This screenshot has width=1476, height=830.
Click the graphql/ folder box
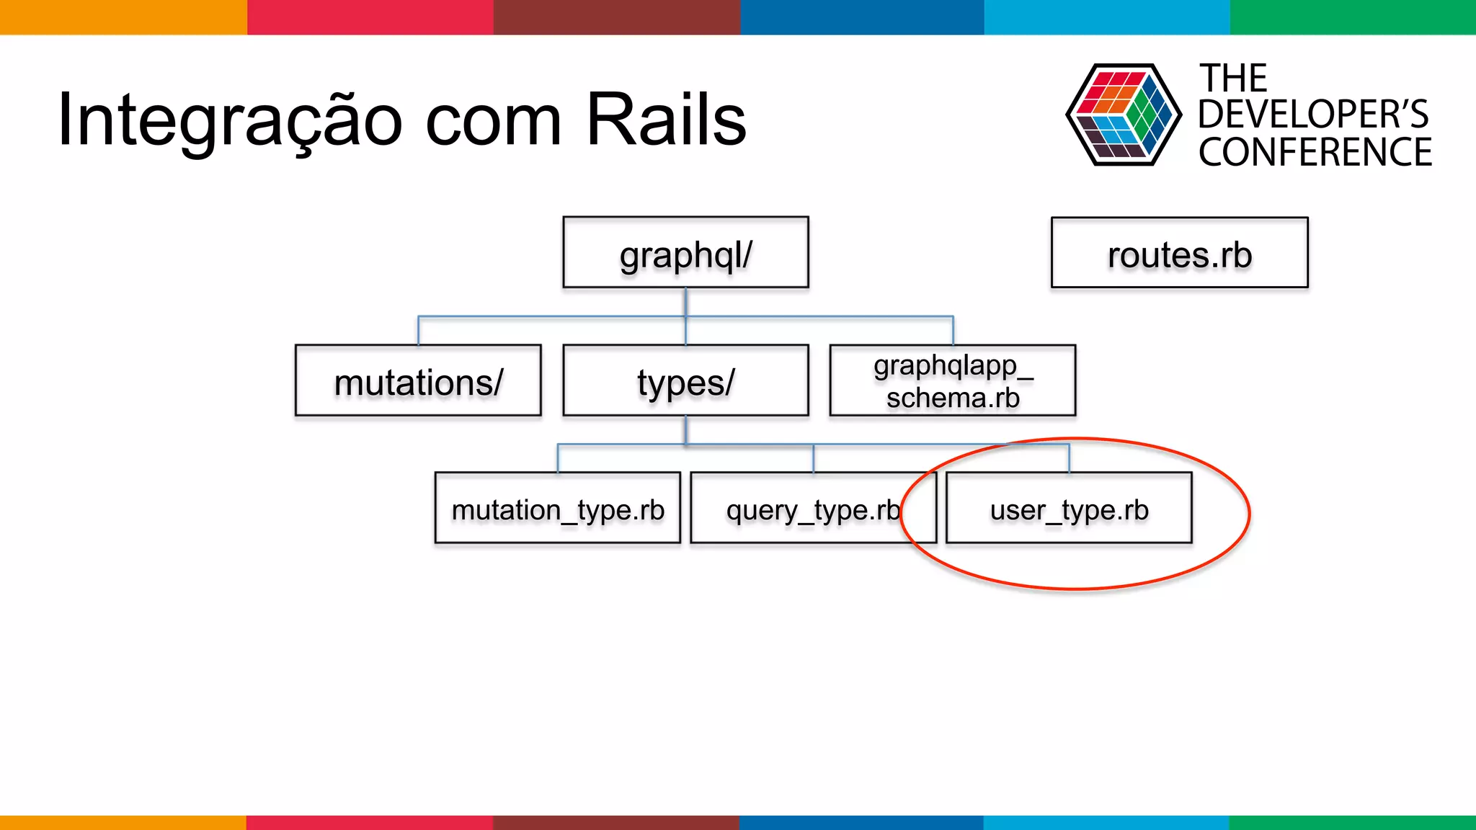pyautogui.click(x=685, y=253)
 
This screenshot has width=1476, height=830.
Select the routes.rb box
pyautogui.click(x=1179, y=253)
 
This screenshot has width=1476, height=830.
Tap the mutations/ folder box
pyautogui.click(x=418, y=380)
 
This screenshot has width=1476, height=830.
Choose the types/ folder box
pyautogui.click(x=685, y=380)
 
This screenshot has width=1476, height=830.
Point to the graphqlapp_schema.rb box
pyautogui.click(x=952, y=380)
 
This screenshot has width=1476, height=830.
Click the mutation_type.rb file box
pyautogui.click(x=557, y=508)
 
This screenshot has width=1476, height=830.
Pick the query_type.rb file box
pyautogui.click(x=812, y=508)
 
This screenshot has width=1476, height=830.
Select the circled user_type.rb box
pyautogui.click(x=1069, y=508)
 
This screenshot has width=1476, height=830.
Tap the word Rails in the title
pyautogui.click(x=666, y=120)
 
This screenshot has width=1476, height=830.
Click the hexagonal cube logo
pyautogui.click(x=1123, y=115)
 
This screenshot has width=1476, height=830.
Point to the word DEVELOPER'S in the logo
pyautogui.click(x=1313, y=115)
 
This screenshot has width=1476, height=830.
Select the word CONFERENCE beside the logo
pyautogui.click(x=1315, y=153)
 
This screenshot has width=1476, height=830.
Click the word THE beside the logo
pyautogui.click(x=1232, y=78)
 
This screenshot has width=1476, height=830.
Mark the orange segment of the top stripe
pyautogui.click(x=123, y=17)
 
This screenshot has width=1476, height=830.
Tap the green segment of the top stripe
pyautogui.click(x=1352, y=17)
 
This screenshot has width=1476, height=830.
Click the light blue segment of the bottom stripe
pyautogui.click(x=1106, y=822)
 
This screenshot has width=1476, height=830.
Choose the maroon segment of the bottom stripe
pyautogui.click(x=615, y=822)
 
